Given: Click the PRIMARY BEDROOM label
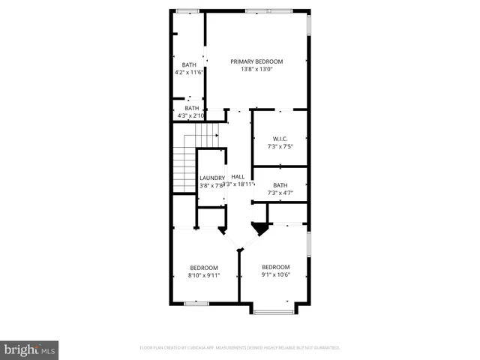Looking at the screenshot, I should (256, 61).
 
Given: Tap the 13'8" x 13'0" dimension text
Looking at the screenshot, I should (256, 70).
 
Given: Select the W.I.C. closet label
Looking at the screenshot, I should (280, 139).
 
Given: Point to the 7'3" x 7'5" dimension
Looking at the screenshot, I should (280, 147).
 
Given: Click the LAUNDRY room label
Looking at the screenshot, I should (211, 178).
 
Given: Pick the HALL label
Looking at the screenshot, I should (238, 176).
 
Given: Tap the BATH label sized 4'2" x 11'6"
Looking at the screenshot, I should (189, 65).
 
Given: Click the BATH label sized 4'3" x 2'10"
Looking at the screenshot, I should (192, 108).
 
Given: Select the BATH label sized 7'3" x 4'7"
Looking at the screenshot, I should (280, 185).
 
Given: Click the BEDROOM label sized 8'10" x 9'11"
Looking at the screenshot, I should (203, 268).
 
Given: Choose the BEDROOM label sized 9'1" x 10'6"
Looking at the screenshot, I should (275, 267).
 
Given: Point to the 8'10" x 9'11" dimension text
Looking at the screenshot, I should (203, 276).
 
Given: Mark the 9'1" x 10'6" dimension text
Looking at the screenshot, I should (275, 275).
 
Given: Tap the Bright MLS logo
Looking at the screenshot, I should (30, 349).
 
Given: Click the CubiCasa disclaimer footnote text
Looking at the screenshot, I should (240, 348).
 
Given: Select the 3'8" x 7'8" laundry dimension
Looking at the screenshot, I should (211, 185).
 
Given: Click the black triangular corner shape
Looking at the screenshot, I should (259, 227).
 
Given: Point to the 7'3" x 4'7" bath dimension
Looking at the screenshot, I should (280, 193).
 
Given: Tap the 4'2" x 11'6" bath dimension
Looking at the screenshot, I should (189, 73).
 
